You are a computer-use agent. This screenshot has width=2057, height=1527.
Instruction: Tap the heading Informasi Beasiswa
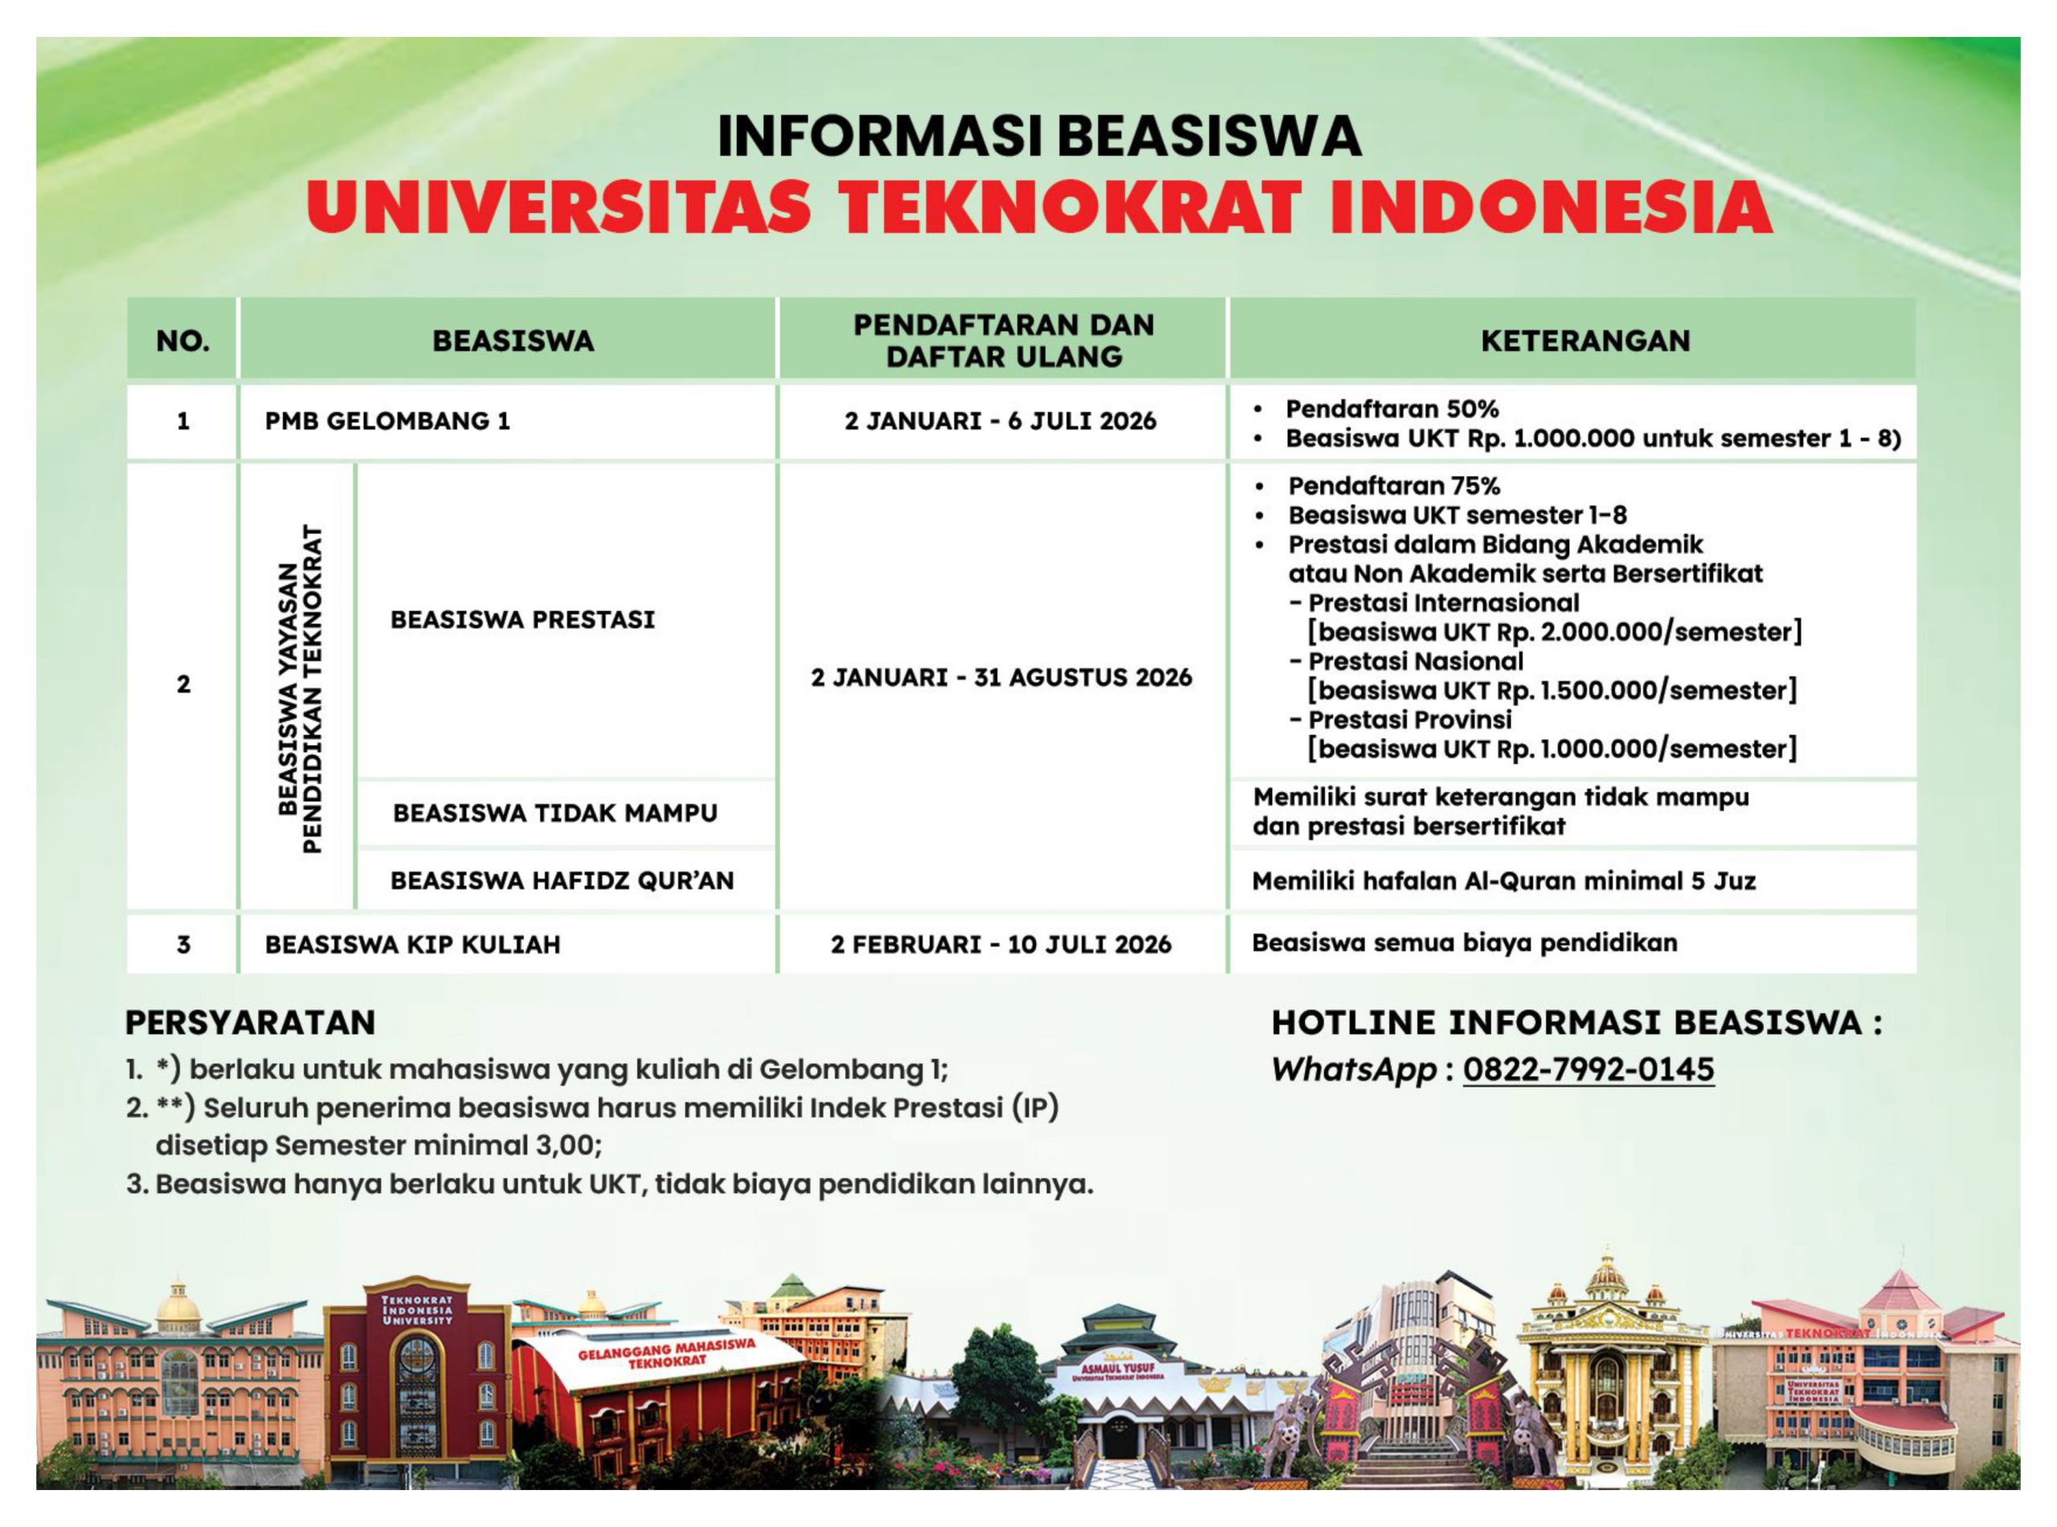1039,136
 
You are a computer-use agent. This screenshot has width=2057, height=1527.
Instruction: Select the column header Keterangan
1585,340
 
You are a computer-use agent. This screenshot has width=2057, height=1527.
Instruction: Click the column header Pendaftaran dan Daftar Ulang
1004,340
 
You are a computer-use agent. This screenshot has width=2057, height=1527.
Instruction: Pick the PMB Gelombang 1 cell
387,420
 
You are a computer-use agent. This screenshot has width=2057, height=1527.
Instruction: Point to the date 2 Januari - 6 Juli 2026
1000,420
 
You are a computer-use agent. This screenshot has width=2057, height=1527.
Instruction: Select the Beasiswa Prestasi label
522,620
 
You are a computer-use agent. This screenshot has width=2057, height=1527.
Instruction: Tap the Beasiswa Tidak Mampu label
554,813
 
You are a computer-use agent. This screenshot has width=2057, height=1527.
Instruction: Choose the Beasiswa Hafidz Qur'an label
562,880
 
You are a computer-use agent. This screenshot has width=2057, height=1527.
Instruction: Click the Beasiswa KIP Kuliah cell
412,944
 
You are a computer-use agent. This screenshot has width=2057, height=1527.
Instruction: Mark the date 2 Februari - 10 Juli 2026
1000,944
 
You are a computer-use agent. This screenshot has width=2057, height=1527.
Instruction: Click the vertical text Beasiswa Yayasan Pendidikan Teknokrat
301,689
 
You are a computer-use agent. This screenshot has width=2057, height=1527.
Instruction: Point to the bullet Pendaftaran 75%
1393,485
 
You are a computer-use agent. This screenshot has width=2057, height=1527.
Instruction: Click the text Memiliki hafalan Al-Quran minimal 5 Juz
1503,880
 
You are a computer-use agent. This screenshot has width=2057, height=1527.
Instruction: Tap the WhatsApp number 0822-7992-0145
1589,1070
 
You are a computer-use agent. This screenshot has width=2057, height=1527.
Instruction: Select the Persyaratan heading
251,1022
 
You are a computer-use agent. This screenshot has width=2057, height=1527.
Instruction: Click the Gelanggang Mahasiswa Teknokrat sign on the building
666,1355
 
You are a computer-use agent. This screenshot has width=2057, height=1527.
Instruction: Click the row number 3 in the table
183,944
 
